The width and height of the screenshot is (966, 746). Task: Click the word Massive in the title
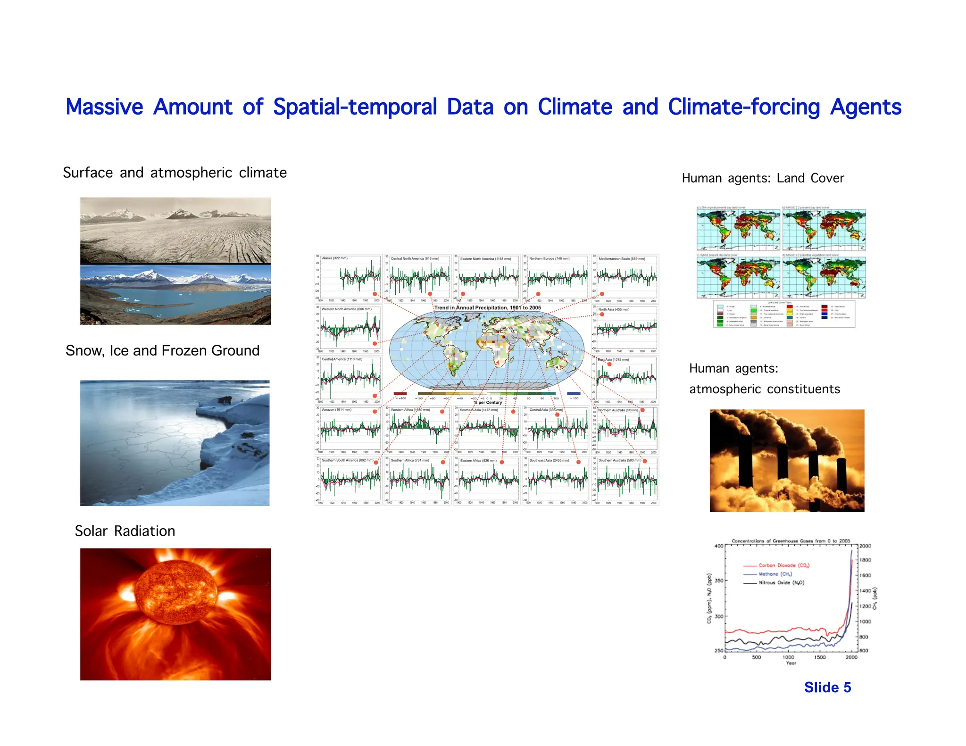click(x=104, y=107)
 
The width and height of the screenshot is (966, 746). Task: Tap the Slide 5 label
click(x=827, y=688)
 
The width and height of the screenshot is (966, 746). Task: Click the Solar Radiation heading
click(x=125, y=531)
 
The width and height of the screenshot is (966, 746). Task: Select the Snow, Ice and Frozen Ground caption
click(x=162, y=351)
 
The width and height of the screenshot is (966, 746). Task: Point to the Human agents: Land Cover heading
click(x=763, y=178)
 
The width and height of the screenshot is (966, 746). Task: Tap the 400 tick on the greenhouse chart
click(x=718, y=546)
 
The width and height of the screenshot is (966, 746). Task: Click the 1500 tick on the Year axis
click(x=820, y=657)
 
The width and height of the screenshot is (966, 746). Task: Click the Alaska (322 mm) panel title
click(x=334, y=258)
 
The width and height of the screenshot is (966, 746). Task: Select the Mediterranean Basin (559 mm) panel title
click(x=622, y=259)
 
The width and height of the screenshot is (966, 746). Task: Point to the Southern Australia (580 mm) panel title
click(x=620, y=460)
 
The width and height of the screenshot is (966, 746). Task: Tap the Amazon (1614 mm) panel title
click(x=336, y=410)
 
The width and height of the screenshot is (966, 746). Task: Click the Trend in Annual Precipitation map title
click(x=487, y=307)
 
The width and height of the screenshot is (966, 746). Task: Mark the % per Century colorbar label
click(x=488, y=403)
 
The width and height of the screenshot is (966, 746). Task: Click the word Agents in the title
click(x=866, y=107)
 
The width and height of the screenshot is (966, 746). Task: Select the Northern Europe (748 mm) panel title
click(x=549, y=258)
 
